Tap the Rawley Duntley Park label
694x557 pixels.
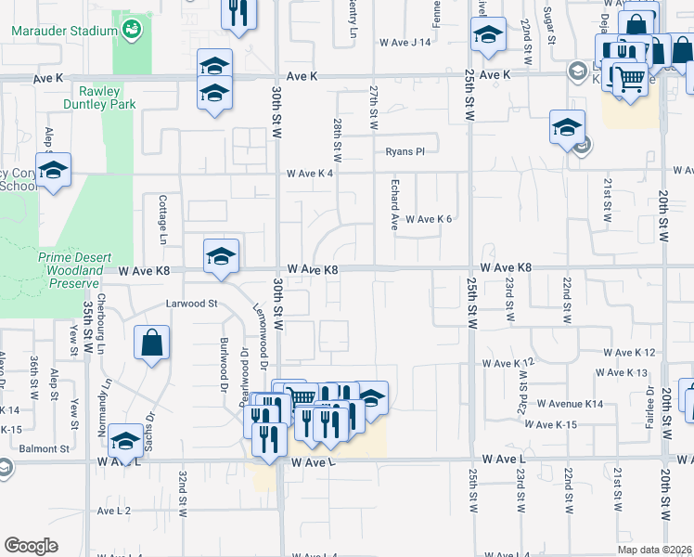coord(107,97)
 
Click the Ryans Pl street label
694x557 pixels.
coord(405,151)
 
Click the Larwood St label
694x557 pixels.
coord(191,304)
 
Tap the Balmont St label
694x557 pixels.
coord(45,448)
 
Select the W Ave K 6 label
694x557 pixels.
coord(428,219)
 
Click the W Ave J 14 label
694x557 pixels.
coord(405,43)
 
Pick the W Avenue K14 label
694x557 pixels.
coord(568,404)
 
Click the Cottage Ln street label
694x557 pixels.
coord(162,219)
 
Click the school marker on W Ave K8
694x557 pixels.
coord(221,256)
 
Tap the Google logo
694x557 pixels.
coord(31,546)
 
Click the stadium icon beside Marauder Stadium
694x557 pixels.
coord(134,30)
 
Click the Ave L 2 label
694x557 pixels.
coord(114,511)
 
